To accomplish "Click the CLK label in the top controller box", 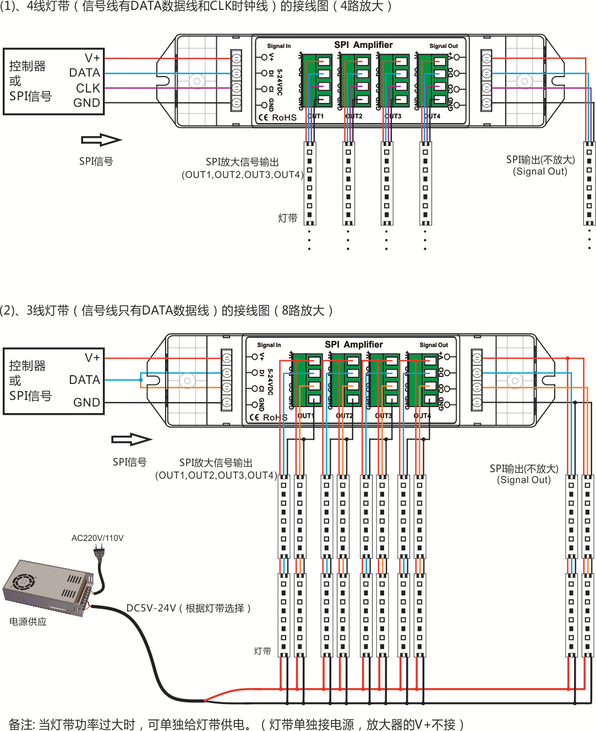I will [x=88, y=88].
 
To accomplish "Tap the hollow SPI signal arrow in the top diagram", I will [x=101, y=140].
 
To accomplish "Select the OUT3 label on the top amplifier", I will [x=393, y=116].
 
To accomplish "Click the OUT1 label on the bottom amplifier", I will [x=305, y=416].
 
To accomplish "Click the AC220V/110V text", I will [x=97, y=538].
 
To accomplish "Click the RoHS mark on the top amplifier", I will [x=284, y=117].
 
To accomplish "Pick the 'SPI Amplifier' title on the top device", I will [x=363, y=45].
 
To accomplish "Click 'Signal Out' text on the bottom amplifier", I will [x=434, y=345].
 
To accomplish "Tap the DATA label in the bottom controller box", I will [x=85, y=380].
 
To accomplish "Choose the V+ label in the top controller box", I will [x=92, y=58].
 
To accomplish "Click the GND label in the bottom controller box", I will [x=87, y=403].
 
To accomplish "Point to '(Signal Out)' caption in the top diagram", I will [x=540, y=171].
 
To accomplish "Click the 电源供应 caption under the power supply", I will [x=28, y=622].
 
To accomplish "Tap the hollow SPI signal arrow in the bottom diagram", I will [x=131, y=440].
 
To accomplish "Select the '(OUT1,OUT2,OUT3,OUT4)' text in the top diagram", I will [x=243, y=175].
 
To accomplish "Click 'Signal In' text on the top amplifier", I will [x=279, y=46].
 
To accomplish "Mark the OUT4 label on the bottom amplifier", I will [x=422, y=416].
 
